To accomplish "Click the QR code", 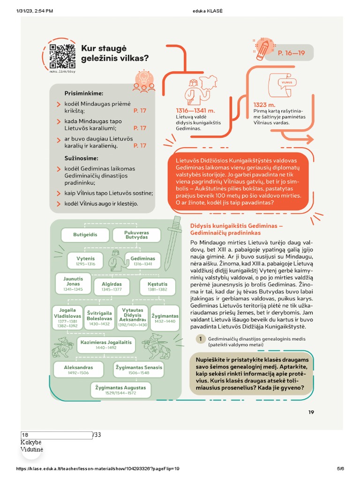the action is point(62,56).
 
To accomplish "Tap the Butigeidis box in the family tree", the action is point(85,234).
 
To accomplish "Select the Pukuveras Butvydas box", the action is point(136,235).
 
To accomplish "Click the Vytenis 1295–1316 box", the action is point(85,261).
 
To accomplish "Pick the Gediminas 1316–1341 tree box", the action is point(143,261).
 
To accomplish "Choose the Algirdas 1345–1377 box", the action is point(112,286).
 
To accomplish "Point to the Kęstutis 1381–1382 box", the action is point(157,286).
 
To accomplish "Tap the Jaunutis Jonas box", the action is point(73,284).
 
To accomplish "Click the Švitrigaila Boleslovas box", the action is point(99,317).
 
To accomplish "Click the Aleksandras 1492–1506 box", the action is point(78,370).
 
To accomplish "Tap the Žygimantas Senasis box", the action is point(139,370).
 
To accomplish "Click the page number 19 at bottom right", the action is point(311,412).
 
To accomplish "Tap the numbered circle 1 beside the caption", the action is point(201,339).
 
